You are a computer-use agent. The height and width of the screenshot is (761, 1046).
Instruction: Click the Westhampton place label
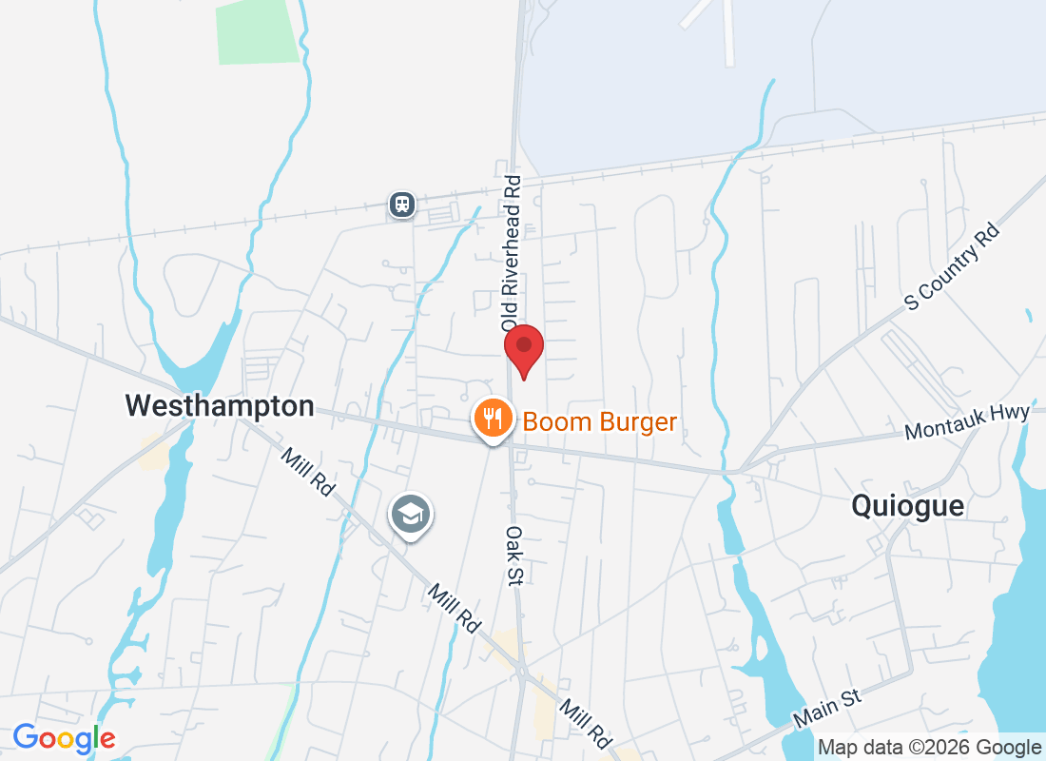click(220, 406)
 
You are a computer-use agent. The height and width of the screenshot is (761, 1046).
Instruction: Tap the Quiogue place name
click(907, 506)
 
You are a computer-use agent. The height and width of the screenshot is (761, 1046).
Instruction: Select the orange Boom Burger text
click(600, 421)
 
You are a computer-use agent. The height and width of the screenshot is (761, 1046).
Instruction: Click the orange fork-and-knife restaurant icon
click(493, 418)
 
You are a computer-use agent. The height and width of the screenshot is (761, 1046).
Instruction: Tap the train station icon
click(402, 204)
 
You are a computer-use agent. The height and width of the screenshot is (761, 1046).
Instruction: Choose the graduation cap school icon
click(410, 515)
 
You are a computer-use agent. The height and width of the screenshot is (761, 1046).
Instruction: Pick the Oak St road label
click(514, 556)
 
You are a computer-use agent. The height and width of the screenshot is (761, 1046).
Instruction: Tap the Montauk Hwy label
click(967, 422)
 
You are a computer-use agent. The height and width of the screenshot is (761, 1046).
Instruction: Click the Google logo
click(64, 737)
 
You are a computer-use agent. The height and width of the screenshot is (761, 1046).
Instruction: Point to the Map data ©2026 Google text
click(929, 748)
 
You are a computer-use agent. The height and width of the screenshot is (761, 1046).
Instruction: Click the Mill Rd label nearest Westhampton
click(307, 472)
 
